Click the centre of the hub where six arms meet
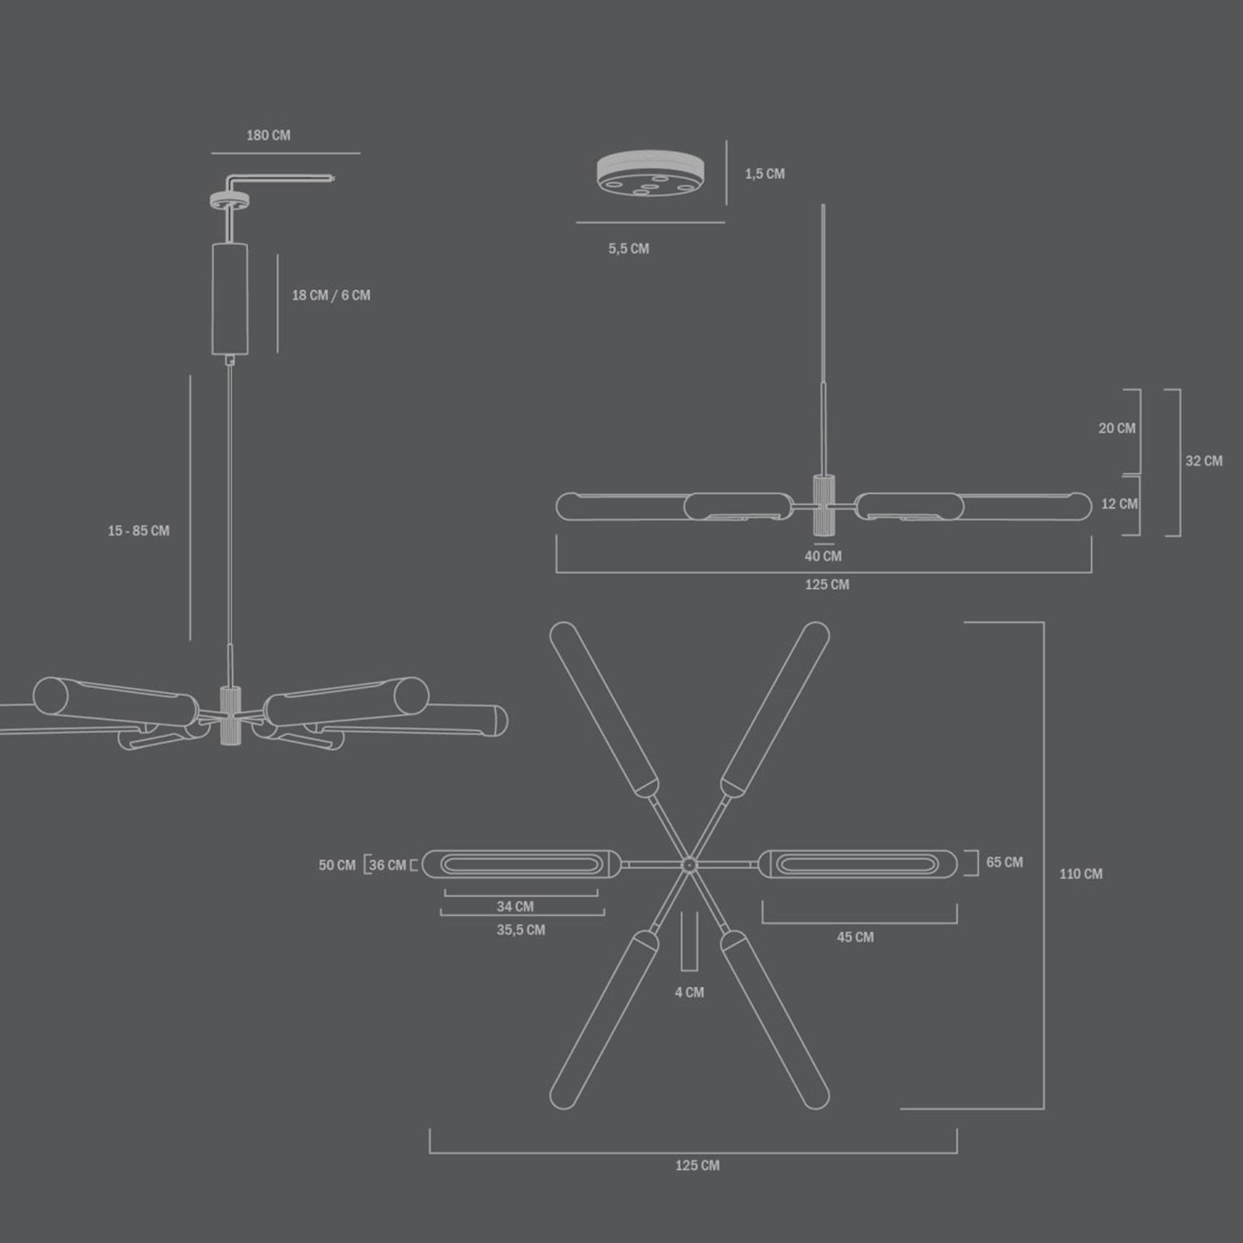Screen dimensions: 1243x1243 (688, 865)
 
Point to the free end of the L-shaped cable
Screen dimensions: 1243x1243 (333, 179)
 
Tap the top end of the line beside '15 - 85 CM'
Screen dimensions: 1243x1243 (190, 376)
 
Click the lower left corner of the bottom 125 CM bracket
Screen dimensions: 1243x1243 (430, 1153)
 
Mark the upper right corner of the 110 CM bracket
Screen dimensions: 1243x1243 (1043, 622)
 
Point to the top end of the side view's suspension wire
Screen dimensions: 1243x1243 (823, 204)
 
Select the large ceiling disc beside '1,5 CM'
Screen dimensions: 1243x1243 (650, 175)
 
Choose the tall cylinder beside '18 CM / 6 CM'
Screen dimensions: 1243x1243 (230, 299)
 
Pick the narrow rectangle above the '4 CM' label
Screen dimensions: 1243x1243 (689, 941)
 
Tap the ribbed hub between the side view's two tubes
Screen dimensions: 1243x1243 (824, 505)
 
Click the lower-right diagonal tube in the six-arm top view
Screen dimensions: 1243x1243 (774, 1019)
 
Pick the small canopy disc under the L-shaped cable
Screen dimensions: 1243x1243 (230, 200)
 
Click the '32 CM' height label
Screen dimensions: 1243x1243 (1203, 461)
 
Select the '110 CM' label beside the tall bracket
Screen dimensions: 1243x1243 (1081, 874)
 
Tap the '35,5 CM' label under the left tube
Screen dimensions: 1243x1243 (521, 930)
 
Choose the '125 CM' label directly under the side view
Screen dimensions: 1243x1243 (827, 584)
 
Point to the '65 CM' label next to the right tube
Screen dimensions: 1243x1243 (1004, 862)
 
